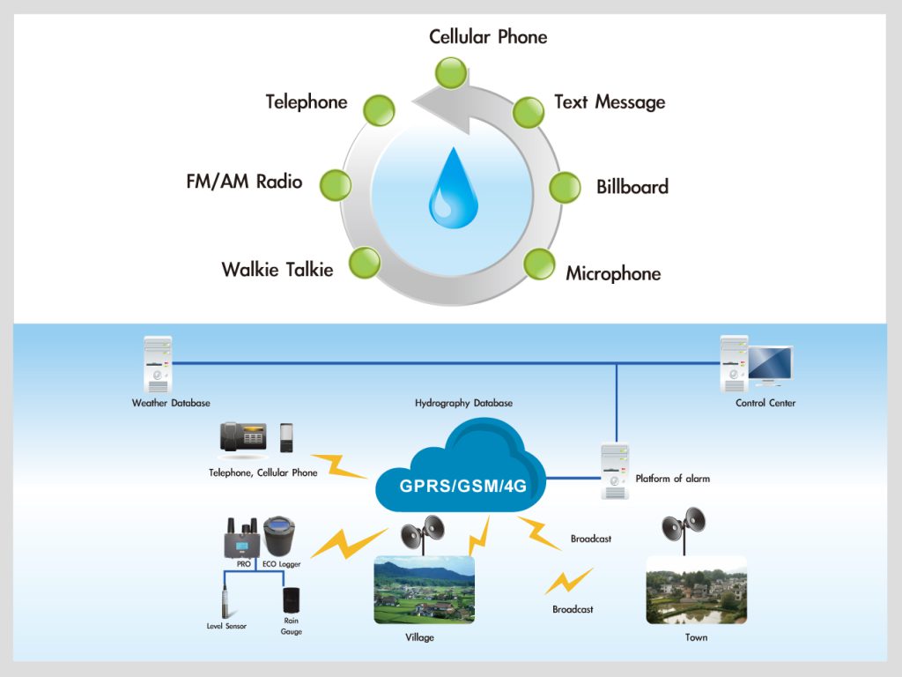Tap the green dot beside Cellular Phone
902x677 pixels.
[451, 73]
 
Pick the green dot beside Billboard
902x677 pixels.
[565, 187]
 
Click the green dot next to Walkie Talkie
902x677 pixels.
[365, 263]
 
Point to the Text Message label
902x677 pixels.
[610, 102]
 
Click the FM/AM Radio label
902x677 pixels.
[244, 182]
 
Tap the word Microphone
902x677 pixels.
[613, 273]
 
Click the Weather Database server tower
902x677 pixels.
[159, 364]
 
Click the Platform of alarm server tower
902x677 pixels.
[615, 471]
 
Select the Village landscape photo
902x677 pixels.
[424, 590]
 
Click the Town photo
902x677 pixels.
[696, 590]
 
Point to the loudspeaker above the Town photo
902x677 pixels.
[684, 524]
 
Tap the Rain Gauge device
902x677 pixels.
[292, 601]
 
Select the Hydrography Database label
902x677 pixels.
[463, 403]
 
